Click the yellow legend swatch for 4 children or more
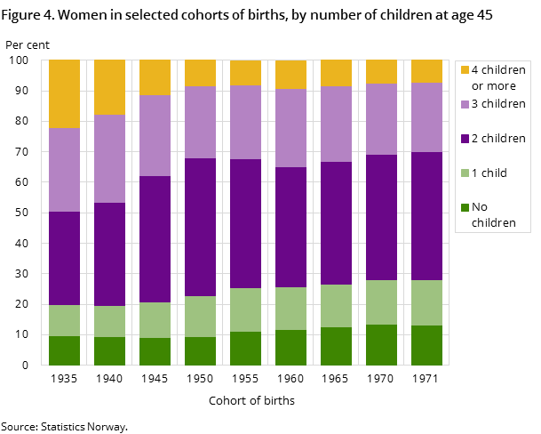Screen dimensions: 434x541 pyautogui.click(x=464, y=69)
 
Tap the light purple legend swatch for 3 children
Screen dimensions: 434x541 pyautogui.click(x=464, y=104)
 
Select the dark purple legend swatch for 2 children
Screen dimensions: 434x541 pyautogui.click(x=464, y=139)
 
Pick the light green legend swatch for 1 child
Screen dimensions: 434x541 pyautogui.click(x=464, y=173)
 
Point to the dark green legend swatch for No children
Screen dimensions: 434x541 pyautogui.click(x=464, y=207)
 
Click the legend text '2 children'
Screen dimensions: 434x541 pyautogui.click(x=498, y=139)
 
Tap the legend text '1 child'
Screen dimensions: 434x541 pyautogui.click(x=489, y=173)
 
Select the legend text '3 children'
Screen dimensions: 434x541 pyautogui.click(x=498, y=104)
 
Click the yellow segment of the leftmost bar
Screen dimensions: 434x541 pyautogui.click(x=64, y=94)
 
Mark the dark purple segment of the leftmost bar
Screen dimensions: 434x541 pyautogui.click(x=64, y=258)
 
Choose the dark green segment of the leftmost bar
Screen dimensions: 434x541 pyautogui.click(x=64, y=350)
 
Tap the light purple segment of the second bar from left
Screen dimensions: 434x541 pyautogui.click(x=109, y=158)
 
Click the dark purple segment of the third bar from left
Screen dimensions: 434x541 pyautogui.click(x=155, y=238)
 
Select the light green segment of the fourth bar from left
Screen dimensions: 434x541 pyautogui.click(x=200, y=316)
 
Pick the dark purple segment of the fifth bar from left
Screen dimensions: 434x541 pyautogui.click(x=245, y=223)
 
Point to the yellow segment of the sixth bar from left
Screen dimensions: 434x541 pyautogui.click(x=290, y=75)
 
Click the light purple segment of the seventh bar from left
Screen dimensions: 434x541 pyautogui.click(x=336, y=124)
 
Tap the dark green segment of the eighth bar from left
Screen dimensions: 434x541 pyautogui.click(x=381, y=344)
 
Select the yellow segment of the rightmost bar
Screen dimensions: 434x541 pyautogui.click(x=426, y=71)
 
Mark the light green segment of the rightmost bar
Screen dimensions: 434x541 pyautogui.click(x=426, y=302)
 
